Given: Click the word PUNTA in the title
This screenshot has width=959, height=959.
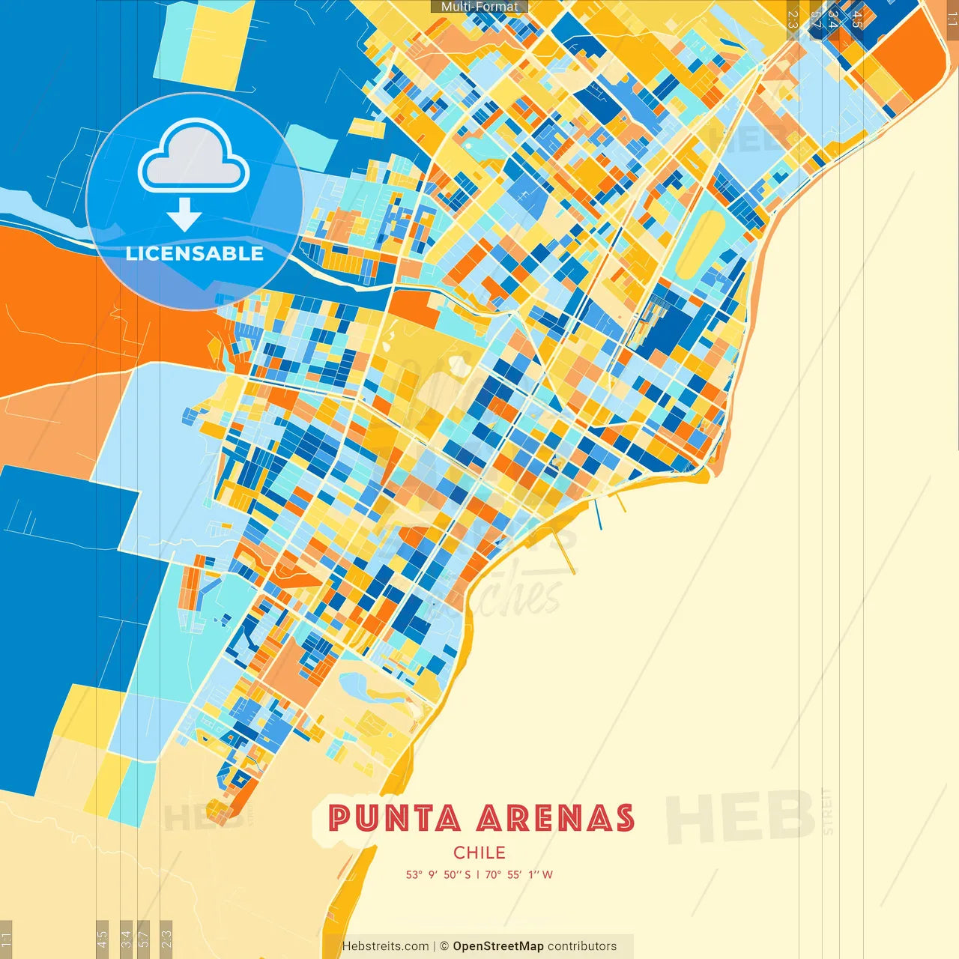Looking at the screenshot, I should pyautogui.click(x=394, y=818).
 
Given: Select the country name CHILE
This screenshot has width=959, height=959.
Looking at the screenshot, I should pyautogui.click(x=479, y=853).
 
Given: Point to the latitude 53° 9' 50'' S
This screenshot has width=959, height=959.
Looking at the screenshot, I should pyautogui.click(x=438, y=874).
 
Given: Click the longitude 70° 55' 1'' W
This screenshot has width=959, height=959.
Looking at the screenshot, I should pyautogui.click(x=518, y=874).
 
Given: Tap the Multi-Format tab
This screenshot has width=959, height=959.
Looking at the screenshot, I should pyautogui.click(x=479, y=7).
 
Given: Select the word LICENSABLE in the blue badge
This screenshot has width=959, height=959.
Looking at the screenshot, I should pyautogui.click(x=194, y=253).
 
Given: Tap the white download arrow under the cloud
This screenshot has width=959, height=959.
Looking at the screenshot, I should pyautogui.click(x=184, y=214).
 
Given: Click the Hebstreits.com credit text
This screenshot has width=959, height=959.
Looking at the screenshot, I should pyautogui.click(x=385, y=946).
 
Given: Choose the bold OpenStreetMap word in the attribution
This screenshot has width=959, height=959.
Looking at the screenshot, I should pyautogui.click(x=498, y=946).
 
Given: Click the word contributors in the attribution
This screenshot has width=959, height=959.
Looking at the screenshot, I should pyautogui.click(x=582, y=946).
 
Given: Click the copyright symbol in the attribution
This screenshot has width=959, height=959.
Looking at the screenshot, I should pyautogui.click(x=444, y=946).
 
